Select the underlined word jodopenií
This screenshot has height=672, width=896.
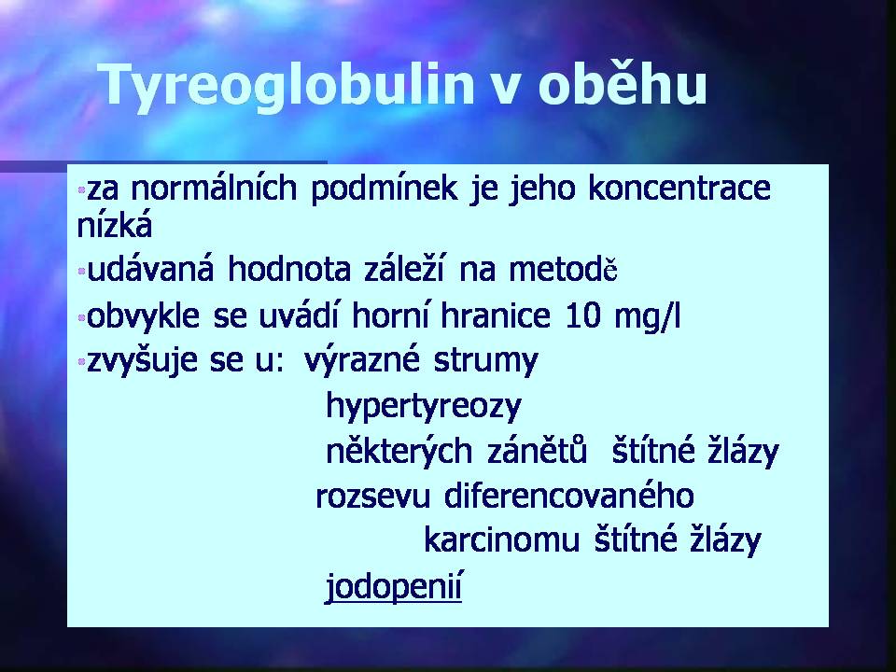tap(394, 587)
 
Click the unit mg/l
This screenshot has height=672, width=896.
tap(648, 316)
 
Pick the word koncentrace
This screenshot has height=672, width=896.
tap(679, 188)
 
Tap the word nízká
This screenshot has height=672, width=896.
tap(115, 225)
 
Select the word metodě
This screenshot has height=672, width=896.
tap(564, 269)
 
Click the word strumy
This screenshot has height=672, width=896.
tap(485, 362)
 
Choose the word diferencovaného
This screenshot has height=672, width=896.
tap(569, 495)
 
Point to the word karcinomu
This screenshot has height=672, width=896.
tap(502, 540)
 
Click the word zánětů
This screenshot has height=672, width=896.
tap(538, 450)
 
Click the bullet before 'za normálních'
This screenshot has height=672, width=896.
tap(82, 189)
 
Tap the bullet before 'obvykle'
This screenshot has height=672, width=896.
tap(82, 316)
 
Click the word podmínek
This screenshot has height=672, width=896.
tap(384, 188)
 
